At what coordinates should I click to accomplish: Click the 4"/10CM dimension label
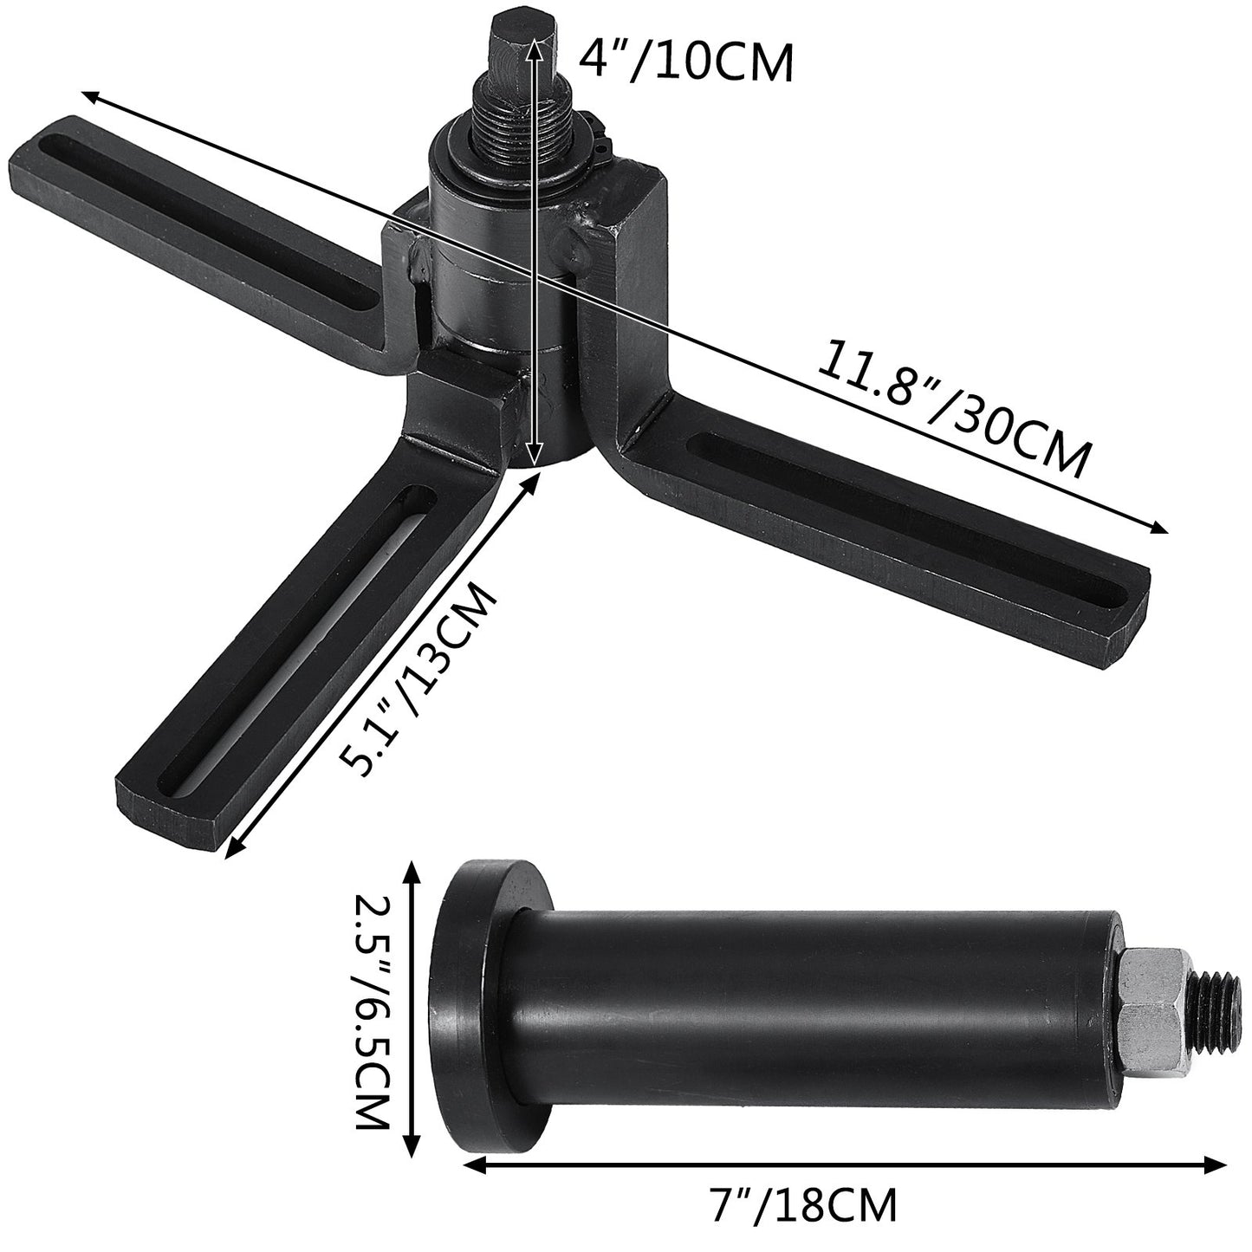click(x=684, y=62)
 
